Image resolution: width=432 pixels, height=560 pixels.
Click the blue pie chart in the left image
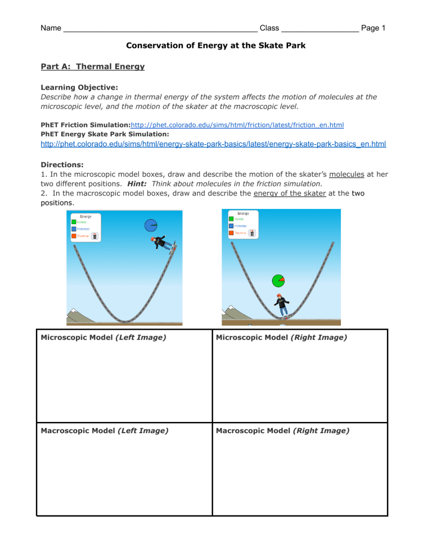click(x=151, y=225)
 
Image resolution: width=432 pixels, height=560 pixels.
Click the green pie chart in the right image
click(x=278, y=280)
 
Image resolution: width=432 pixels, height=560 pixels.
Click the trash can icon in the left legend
click(x=94, y=236)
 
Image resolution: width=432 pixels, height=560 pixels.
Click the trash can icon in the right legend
click(x=252, y=233)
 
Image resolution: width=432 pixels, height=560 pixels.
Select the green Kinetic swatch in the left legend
click(x=74, y=222)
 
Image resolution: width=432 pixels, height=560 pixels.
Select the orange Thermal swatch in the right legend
click(x=231, y=233)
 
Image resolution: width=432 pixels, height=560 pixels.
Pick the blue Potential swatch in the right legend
click(x=231, y=226)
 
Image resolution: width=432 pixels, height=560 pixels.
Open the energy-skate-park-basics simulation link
click(x=213, y=144)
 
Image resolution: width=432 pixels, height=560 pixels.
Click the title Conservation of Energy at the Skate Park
click(x=215, y=46)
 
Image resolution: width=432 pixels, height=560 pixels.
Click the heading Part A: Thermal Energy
click(x=93, y=66)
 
